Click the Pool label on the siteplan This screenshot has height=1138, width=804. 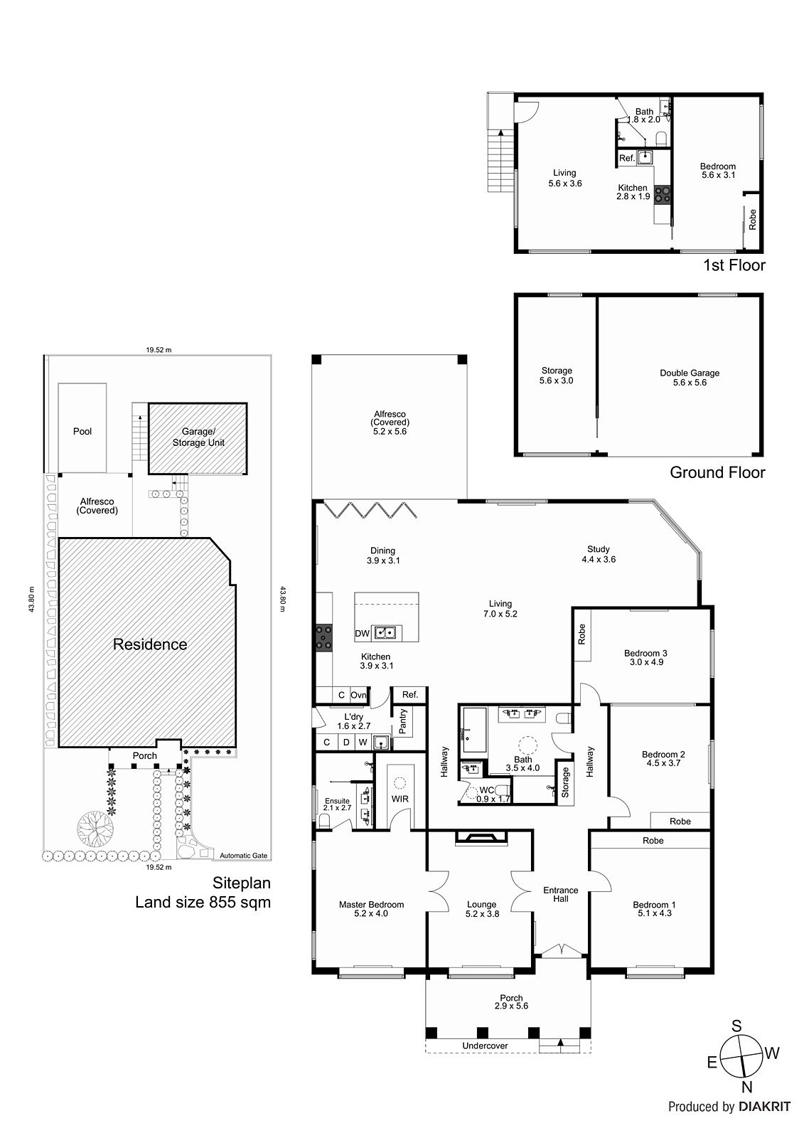point(82,431)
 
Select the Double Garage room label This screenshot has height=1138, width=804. point(690,373)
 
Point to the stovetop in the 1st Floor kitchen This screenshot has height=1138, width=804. point(663,194)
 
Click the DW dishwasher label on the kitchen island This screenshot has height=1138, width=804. point(362,634)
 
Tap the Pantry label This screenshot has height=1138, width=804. point(403,721)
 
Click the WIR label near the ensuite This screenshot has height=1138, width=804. point(400,799)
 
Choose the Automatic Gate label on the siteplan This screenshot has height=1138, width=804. point(243,856)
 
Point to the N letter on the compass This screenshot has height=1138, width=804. point(746,1088)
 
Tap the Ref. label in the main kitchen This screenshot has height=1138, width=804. point(410,694)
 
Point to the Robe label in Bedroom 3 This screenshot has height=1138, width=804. point(581,634)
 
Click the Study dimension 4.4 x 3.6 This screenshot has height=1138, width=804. point(599,559)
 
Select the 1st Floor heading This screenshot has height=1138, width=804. point(734,265)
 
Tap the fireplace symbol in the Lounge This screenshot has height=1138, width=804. point(481,839)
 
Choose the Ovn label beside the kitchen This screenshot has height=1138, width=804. point(358,695)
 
